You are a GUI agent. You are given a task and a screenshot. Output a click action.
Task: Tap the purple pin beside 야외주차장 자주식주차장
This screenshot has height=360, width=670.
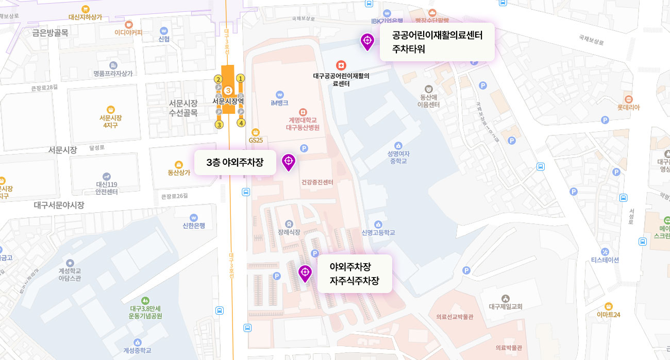(x=305, y=272)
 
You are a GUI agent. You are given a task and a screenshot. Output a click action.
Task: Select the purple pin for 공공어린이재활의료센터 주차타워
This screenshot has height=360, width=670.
(x=367, y=41)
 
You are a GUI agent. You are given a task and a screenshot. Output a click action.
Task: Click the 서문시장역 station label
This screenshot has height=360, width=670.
(x=228, y=101)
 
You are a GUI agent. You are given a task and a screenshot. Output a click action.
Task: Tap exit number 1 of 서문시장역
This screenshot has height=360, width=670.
(x=240, y=78)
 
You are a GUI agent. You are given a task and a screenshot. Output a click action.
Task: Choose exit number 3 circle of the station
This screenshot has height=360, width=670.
(x=219, y=125)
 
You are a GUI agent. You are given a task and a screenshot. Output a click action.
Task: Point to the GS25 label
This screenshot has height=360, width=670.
(x=256, y=140)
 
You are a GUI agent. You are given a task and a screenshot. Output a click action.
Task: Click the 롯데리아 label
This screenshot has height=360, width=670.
(x=628, y=107)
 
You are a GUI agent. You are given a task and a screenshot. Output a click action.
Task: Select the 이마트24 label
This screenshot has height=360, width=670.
(x=609, y=314)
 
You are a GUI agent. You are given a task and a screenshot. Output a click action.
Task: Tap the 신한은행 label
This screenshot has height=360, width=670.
(x=194, y=225)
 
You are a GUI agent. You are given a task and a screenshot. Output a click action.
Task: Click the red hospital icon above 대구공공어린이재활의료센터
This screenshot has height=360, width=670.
(x=341, y=65)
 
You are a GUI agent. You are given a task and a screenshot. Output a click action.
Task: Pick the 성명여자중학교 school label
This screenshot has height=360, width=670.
(x=398, y=157)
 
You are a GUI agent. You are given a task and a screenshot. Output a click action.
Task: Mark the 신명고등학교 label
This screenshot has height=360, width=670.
(x=378, y=232)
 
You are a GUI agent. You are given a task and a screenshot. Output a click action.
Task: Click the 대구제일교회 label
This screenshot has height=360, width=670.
(x=506, y=306)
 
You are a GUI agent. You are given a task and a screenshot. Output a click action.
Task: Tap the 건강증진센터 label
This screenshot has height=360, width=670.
(x=317, y=182)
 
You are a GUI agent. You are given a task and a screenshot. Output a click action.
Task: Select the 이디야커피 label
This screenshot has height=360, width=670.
(x=128, y=32)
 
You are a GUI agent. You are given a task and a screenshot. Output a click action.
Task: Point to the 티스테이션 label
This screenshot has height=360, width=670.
(x=605, y=260)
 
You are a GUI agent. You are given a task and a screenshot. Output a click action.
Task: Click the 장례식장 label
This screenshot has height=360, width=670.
(x=289, y=232)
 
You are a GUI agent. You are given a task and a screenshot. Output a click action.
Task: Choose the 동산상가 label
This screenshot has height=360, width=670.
(x=179, y=172)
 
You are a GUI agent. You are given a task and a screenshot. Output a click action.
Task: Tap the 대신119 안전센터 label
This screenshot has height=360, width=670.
(x=107, y=188)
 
